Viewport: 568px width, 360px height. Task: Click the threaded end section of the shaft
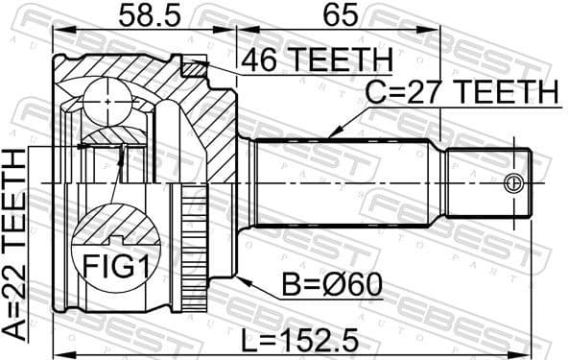(487, 181)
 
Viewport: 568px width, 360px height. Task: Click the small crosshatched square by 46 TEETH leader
(196, 67)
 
